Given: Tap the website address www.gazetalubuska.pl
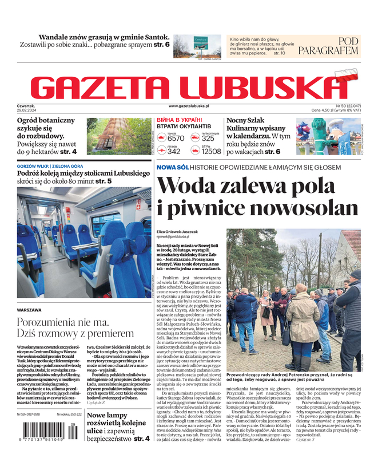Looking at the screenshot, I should (189, 106).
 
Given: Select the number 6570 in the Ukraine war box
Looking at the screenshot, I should (176, 139).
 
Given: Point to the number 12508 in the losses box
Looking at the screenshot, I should (211, 152).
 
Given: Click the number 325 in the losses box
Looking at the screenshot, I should (208, 139).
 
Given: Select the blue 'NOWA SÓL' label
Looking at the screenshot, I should (172, 167).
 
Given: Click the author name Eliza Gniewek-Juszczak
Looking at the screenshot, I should (177, 232).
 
